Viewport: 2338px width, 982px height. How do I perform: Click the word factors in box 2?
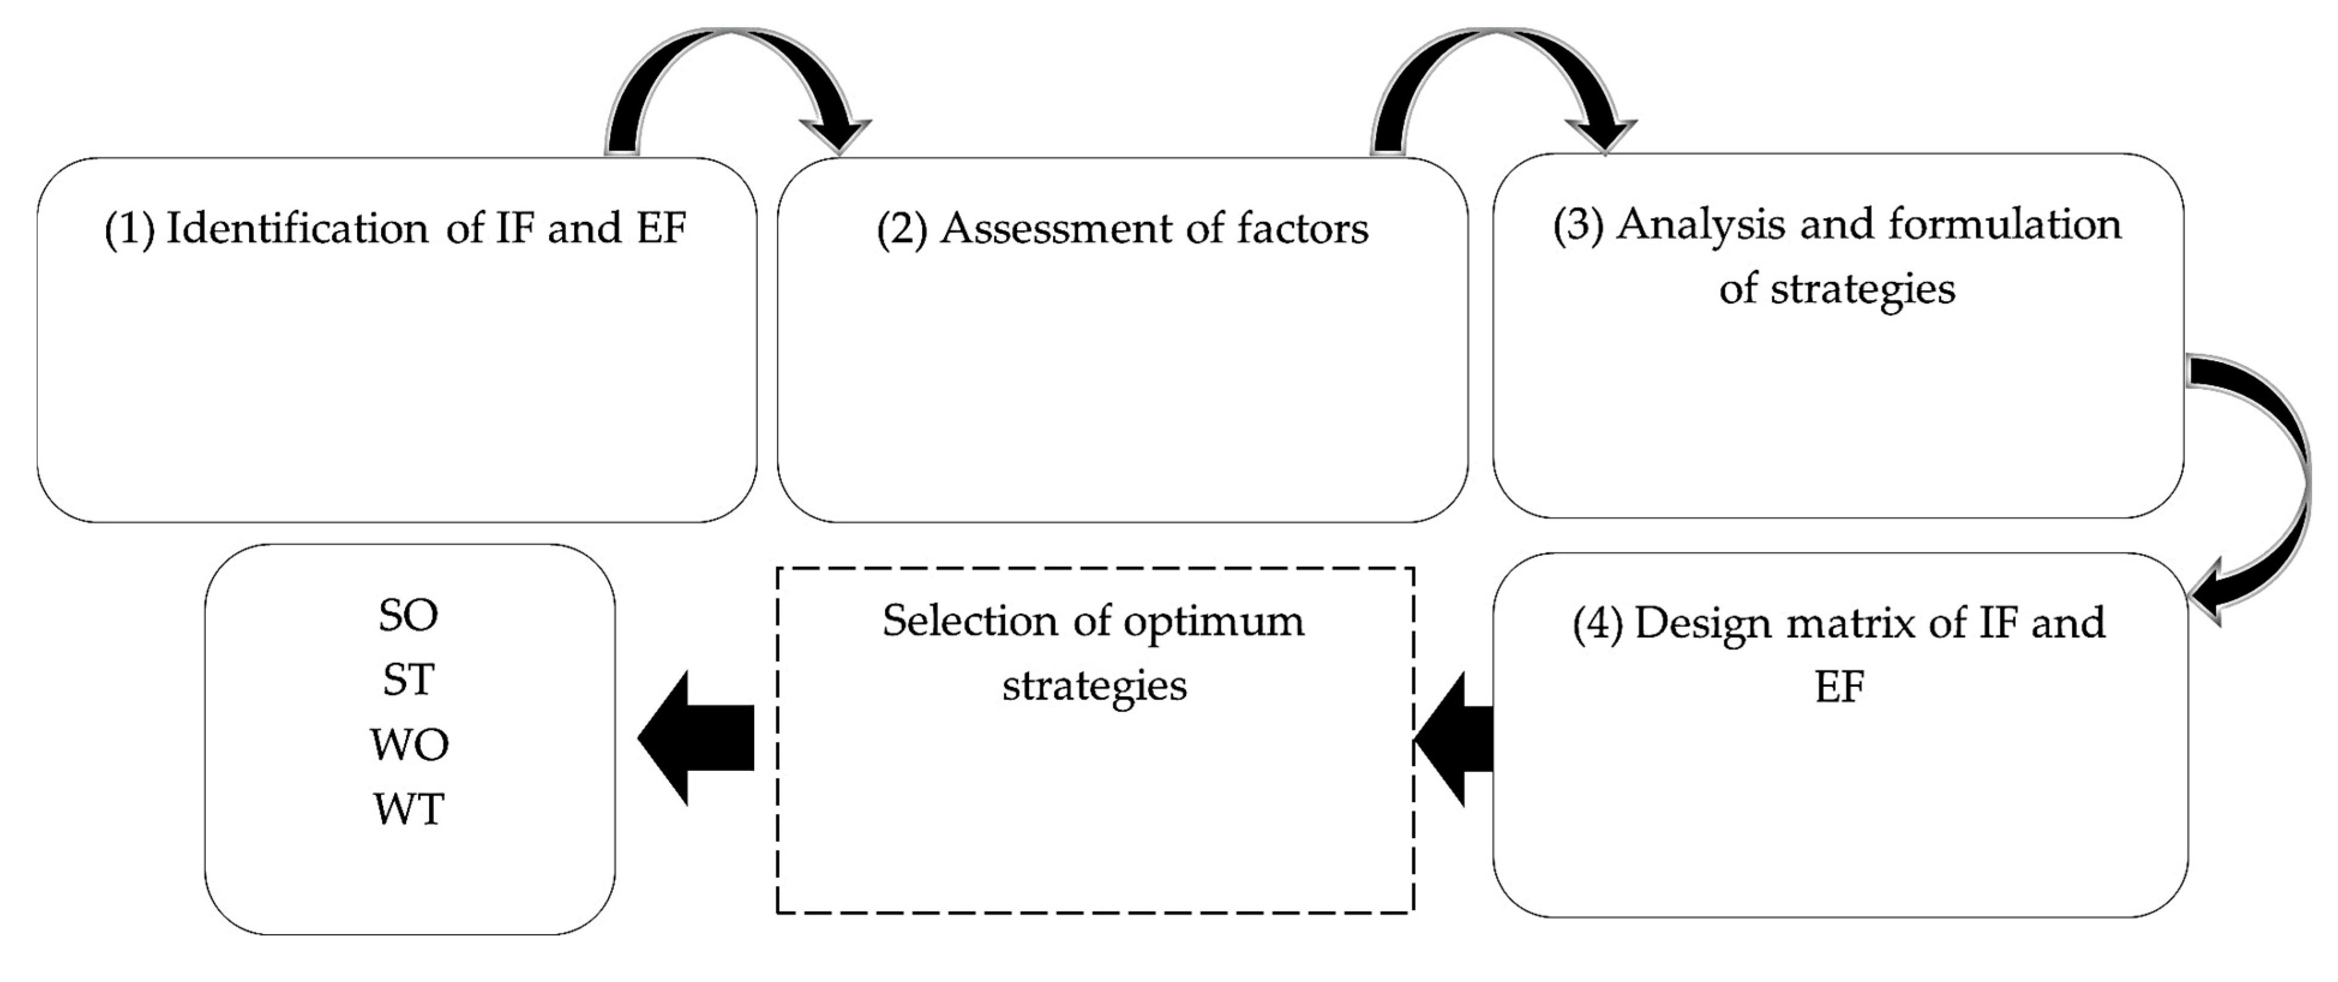[1302, 229]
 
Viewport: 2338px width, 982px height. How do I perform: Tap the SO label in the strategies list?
[409, 616]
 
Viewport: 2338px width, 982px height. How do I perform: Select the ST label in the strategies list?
[409, 680]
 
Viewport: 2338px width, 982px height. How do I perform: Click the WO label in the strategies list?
[409, 745]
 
